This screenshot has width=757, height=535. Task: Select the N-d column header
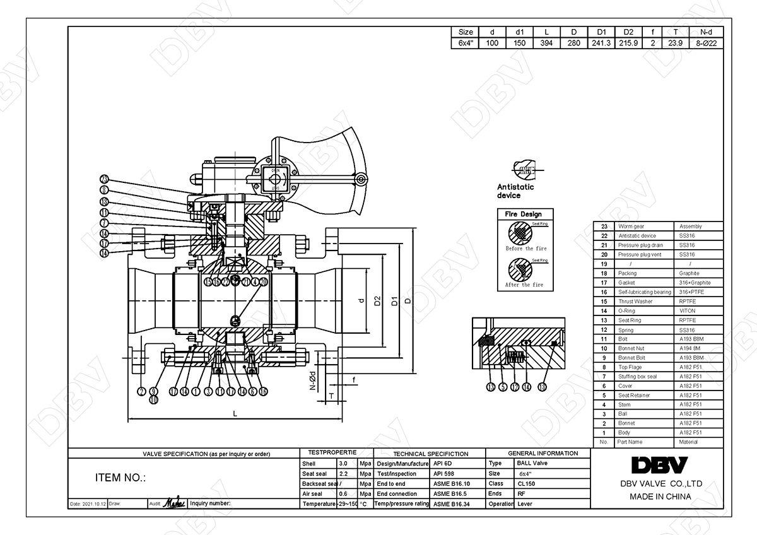click(x=708, y=32)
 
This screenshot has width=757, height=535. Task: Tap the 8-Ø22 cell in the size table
click(x=708, y=44)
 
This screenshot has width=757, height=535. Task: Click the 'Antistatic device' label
click(x=515, y=191)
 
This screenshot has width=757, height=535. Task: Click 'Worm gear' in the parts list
click(x=631, y=226)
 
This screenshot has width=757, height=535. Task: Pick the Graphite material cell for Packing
click(x=690, y=273)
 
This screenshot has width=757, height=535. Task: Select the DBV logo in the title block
click(x=659, y=465)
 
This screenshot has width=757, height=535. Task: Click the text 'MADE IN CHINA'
click(x=660, y=497)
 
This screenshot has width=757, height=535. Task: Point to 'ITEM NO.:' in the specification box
click(x=120, y=478)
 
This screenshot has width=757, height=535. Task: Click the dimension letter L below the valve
click(x=235, y=414)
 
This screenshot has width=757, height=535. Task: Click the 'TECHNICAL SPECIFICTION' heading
click(x=430, y=454)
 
